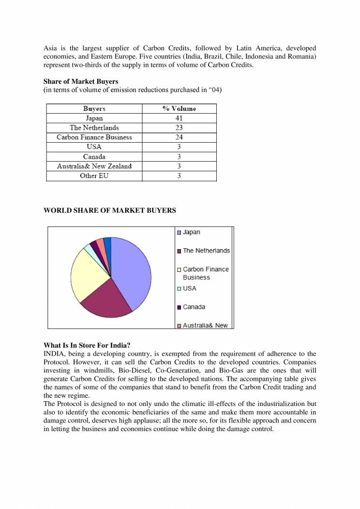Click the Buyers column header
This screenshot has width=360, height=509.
[x=94, y=109]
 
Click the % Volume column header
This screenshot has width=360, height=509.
[x=179, y=109]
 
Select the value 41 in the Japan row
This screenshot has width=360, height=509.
[x=179, y=118]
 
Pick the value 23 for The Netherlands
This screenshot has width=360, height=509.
[x=179, y=128]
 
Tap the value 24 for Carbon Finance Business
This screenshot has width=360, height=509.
[x=179, y=137]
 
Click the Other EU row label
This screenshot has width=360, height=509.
[x=94, y=176]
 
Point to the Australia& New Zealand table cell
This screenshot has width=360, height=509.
[x=94, y=166]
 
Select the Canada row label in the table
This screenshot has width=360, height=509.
[x=94, y=157]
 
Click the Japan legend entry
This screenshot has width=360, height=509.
[x=191, y=232]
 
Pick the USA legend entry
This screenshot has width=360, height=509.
[x=189, y=288]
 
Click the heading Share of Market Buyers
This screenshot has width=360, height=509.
[x=81, y=82]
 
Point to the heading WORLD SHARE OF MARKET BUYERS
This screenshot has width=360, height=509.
[x=110, y=210]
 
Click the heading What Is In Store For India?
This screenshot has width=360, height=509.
[x=87, y=345]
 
